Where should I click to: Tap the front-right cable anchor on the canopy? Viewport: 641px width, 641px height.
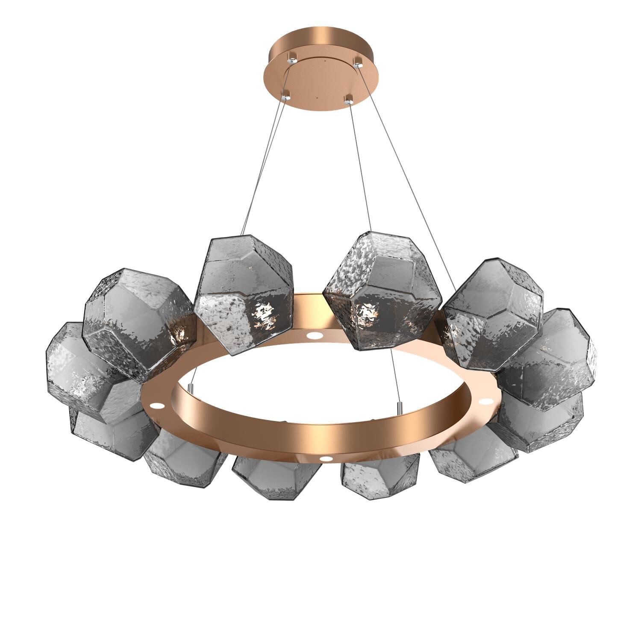tap(349, 101)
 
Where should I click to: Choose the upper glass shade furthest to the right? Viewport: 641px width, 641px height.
tap(551, 359)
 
